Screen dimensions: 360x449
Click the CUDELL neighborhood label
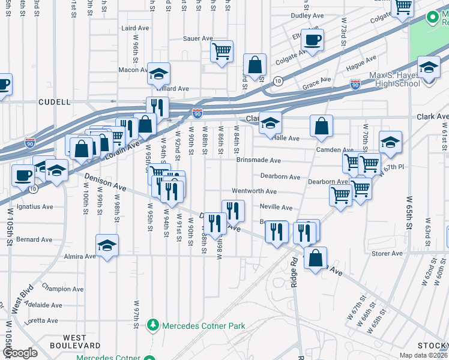pos(55,102)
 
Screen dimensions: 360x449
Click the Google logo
pos(20,353)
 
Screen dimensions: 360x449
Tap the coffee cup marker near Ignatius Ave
pos(23,176)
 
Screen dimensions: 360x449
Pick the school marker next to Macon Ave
pos(159,74)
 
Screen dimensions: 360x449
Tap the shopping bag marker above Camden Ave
pos(322,125)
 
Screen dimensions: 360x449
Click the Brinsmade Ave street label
pos(258,161)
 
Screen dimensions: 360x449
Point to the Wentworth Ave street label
pos(254,191)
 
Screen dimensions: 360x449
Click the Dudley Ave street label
pos(303,16)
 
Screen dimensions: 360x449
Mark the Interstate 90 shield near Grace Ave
pos(355,85)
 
